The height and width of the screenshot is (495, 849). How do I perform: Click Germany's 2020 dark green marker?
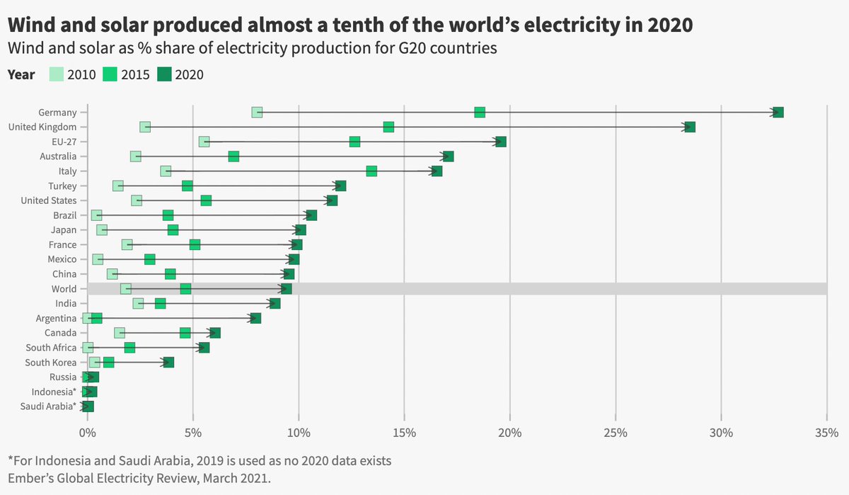coord(778,113)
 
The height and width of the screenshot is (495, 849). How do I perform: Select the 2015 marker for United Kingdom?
coord(388,127)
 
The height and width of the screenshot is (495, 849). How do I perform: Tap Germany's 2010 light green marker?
coord(257,113)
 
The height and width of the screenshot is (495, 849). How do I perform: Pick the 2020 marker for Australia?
coord(448,157)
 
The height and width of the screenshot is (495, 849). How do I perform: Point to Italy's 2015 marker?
coord(371,171)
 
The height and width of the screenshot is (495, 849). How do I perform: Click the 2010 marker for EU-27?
coord(204,142)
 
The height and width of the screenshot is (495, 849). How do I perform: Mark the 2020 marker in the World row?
coord(286,289)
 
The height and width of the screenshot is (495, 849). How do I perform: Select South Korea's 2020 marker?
coord(168,363)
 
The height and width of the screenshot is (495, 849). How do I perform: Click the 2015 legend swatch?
coord(110,74)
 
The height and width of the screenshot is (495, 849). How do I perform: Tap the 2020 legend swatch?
coord(164,74)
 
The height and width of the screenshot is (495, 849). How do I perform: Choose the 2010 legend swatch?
coord(57,74)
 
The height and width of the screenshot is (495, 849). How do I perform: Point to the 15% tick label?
coord(404,432)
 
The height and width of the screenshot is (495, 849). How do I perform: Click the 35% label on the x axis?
coord(827,432)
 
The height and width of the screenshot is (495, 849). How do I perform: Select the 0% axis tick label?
coord(87,432)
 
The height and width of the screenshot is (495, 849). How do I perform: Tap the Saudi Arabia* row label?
coord(54,406)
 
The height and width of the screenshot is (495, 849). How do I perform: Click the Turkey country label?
coord(62,186)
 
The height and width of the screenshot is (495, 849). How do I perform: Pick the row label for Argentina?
coord(56,319)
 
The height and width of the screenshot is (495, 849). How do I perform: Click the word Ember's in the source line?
coord(31,479)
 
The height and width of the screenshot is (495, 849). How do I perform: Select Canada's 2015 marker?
coord(185,333)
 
